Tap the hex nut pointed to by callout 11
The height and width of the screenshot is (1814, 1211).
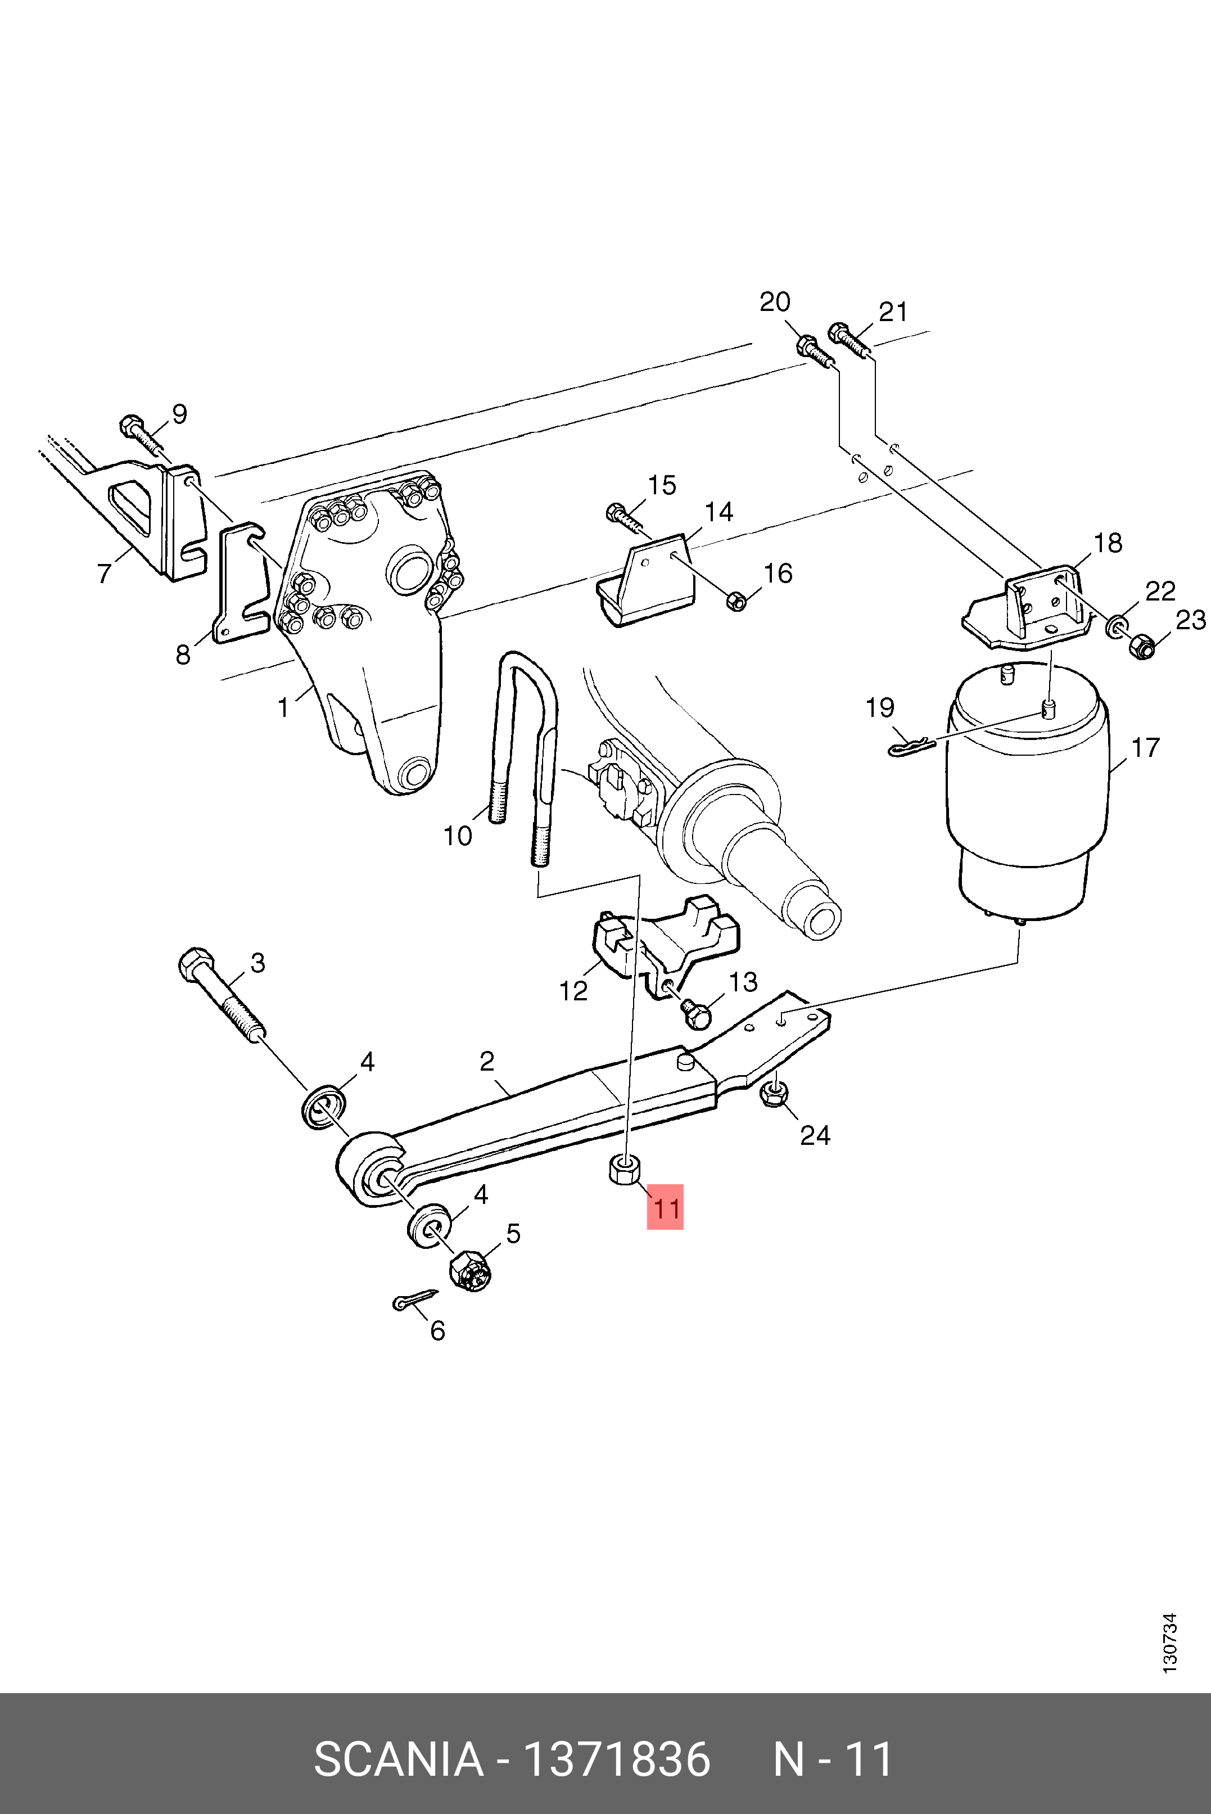coord(625,1169)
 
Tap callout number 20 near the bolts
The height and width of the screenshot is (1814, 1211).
coord(775,302)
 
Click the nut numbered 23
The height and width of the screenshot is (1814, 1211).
coord(1141,646)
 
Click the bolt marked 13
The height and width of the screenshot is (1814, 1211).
coord(695,1012)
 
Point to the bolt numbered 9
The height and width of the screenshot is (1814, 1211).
coord(141,432)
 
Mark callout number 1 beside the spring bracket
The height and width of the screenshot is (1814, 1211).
coord(283,707)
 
